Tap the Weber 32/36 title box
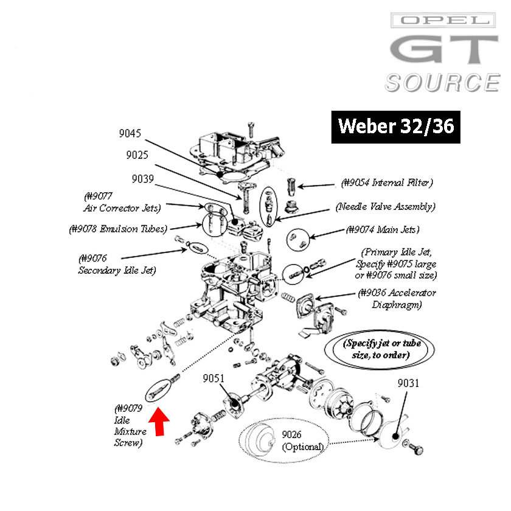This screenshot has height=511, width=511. tap(395, 127)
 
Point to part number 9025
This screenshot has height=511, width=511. tap(138, 155)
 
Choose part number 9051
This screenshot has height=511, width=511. tap(214, 378)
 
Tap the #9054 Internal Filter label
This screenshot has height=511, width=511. tap(387, 182)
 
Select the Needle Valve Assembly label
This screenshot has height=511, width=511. tap(386, 206)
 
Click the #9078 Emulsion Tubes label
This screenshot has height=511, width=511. tap(117, 229)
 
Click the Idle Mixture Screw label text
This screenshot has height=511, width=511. tap(128, 426)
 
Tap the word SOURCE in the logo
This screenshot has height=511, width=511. tap(442, 83)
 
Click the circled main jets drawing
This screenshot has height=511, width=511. tap(298, 238)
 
